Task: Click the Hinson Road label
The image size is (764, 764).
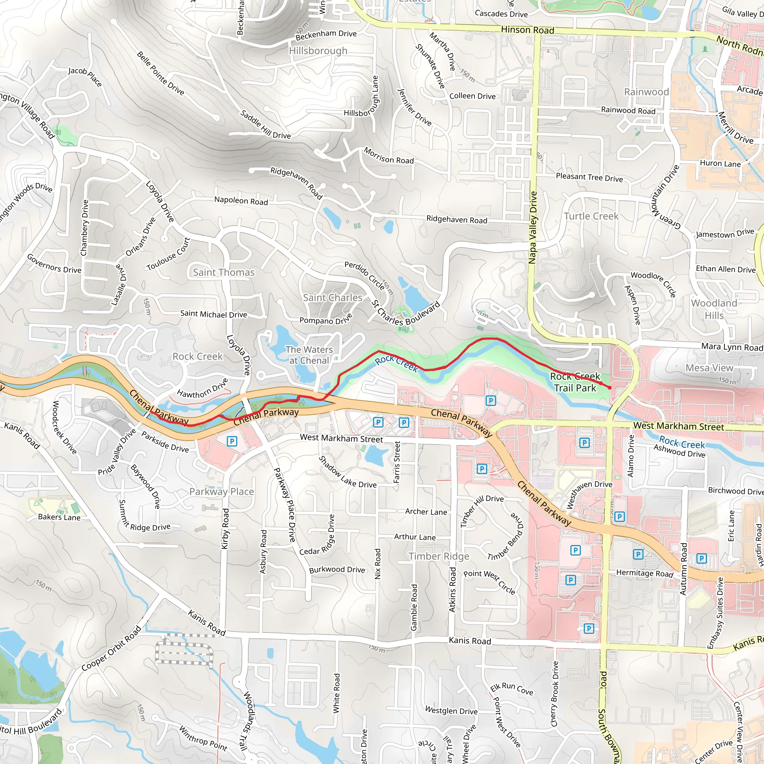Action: tap(527, 30)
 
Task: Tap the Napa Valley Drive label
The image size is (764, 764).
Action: tap(533, 228)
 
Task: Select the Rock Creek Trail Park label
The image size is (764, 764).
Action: tap(575, 382)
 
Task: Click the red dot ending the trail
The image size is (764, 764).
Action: tap(610, 388)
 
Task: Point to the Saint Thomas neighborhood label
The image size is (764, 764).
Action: tap(223, 272)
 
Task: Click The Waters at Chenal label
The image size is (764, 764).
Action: tap(309, 355)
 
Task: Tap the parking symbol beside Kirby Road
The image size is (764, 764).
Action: tap(232, 441)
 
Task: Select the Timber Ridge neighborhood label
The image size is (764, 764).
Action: tap(439, 556)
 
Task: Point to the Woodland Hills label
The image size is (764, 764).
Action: tap(714, 309)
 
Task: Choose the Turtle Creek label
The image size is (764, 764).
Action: tap(591, 216)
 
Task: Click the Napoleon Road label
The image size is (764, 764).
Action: tap(241, 201)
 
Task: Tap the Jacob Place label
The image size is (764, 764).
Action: tap(85, 76)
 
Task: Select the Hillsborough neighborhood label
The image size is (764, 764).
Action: tap(318, 51)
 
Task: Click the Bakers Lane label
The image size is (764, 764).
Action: tap(59, 517)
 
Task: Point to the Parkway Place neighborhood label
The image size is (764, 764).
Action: tap(222, 492)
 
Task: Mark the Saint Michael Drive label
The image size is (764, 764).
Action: tap(213, 314)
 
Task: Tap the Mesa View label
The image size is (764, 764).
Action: tap(709, 368)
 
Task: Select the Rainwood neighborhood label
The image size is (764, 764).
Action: tap(646, 92)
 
